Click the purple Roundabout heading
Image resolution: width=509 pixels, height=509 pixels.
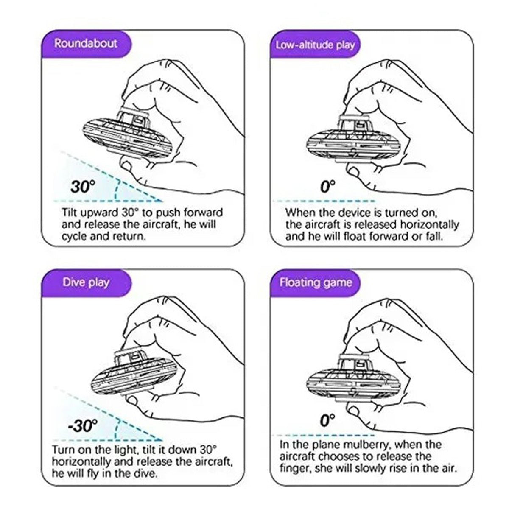[86, 43]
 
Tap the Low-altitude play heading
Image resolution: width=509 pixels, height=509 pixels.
[315, 45]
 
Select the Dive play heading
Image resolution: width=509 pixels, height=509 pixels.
[86, 283]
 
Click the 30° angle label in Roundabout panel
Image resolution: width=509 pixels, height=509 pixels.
[83, 187]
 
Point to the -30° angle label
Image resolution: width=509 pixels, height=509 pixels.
[82, 426]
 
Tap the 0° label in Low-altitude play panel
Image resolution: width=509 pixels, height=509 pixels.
[327, 187]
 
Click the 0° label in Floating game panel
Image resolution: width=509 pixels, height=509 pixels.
[327, 420]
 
